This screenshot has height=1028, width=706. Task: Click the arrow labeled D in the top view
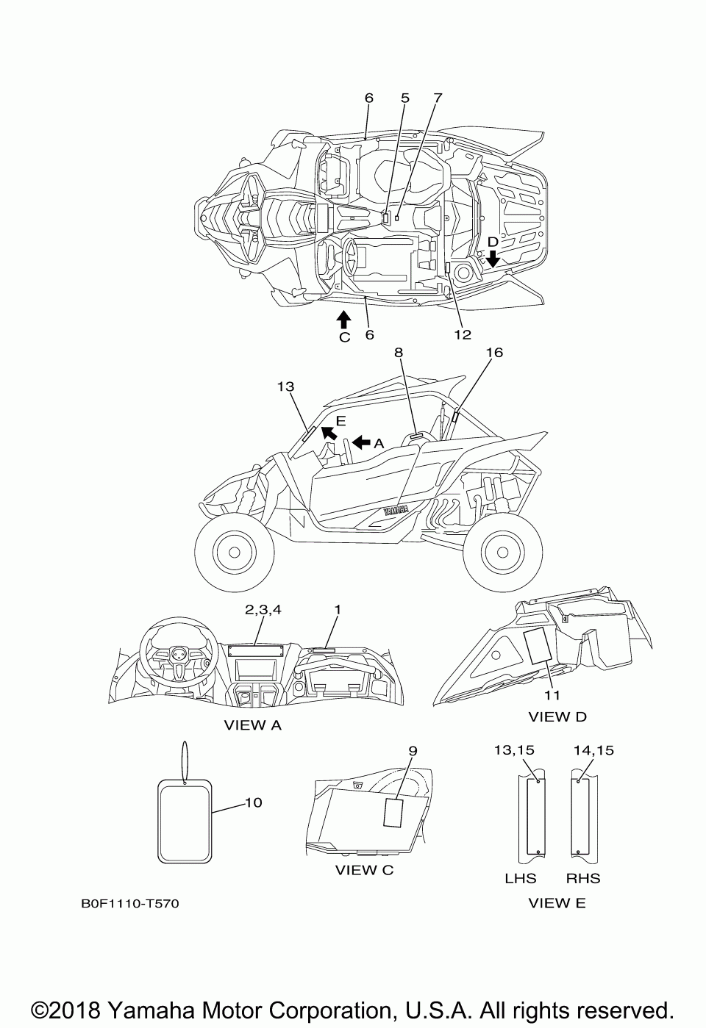(493, 257)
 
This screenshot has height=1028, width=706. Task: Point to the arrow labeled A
(362, 442)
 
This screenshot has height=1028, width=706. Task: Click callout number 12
(462, 334)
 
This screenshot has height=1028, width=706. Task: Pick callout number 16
(494, 353)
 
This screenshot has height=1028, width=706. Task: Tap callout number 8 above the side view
(399, 353)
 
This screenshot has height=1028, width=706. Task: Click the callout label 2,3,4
(263, 609)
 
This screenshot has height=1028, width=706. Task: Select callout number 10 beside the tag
(252, 802)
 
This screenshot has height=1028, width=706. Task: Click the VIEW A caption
(252, 725)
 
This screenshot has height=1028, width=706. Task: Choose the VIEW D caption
(557, 716)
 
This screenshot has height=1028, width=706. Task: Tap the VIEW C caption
(364, 871)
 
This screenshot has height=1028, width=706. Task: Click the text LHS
(520, 878)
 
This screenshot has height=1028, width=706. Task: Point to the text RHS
(583, 878)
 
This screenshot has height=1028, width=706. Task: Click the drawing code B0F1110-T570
(129, 903)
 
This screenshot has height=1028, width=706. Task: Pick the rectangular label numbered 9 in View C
(394, 814)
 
